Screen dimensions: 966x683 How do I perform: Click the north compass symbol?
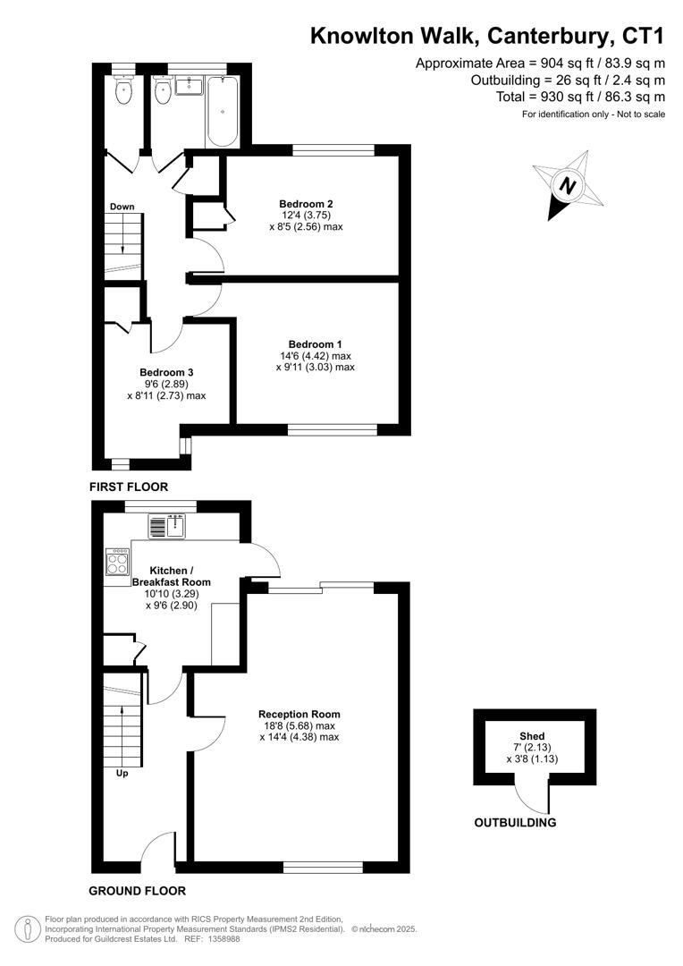566,186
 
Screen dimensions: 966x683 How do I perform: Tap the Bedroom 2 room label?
306,203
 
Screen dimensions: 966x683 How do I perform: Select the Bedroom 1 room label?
315,344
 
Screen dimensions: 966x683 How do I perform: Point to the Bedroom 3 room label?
166,372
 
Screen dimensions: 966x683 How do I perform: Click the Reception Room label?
299,714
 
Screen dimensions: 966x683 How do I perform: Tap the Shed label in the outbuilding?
532,736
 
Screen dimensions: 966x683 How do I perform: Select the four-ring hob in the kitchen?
118,562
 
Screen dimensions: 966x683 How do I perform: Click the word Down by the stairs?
122,207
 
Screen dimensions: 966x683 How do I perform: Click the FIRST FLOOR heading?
129,487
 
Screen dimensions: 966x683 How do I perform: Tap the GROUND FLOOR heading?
138,891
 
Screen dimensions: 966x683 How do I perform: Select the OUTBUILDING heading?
515,823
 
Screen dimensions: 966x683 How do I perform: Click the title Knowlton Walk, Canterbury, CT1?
487,36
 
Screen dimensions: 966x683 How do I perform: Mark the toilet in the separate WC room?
123,89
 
